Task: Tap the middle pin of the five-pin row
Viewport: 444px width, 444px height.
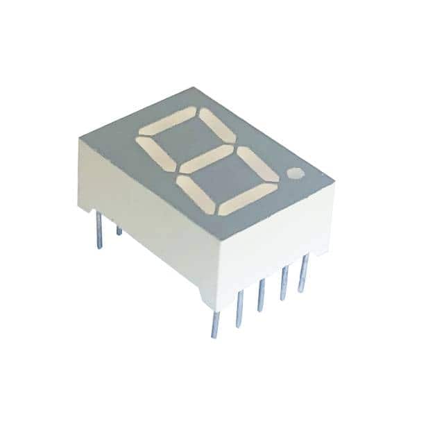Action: tap(261, 295)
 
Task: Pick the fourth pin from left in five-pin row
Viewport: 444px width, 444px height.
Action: tap(283, 284)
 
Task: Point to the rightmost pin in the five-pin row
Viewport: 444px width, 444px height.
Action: tap(302, 273)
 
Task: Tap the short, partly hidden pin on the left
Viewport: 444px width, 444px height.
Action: tap(119, 230)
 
